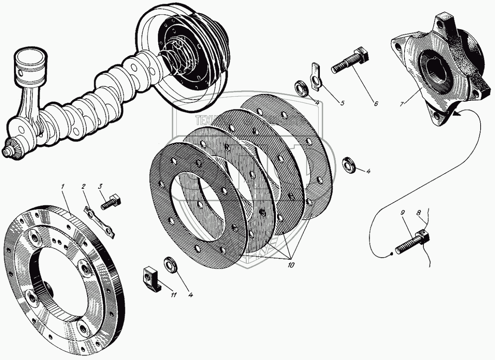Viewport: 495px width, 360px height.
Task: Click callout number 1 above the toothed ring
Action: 62,186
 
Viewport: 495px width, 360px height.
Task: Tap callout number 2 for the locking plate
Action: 83,186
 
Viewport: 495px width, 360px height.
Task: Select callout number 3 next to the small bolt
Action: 99,186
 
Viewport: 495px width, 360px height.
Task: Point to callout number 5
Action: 342,103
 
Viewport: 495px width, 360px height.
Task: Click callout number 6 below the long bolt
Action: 375,104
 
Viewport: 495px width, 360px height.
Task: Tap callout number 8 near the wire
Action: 419,213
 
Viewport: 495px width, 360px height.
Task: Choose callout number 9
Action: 402,213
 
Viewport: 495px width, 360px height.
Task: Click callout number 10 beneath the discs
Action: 291,265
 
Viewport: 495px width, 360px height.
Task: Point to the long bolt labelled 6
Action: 351,60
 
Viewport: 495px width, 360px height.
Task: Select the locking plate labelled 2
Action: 100,222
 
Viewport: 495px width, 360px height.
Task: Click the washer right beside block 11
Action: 171,264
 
